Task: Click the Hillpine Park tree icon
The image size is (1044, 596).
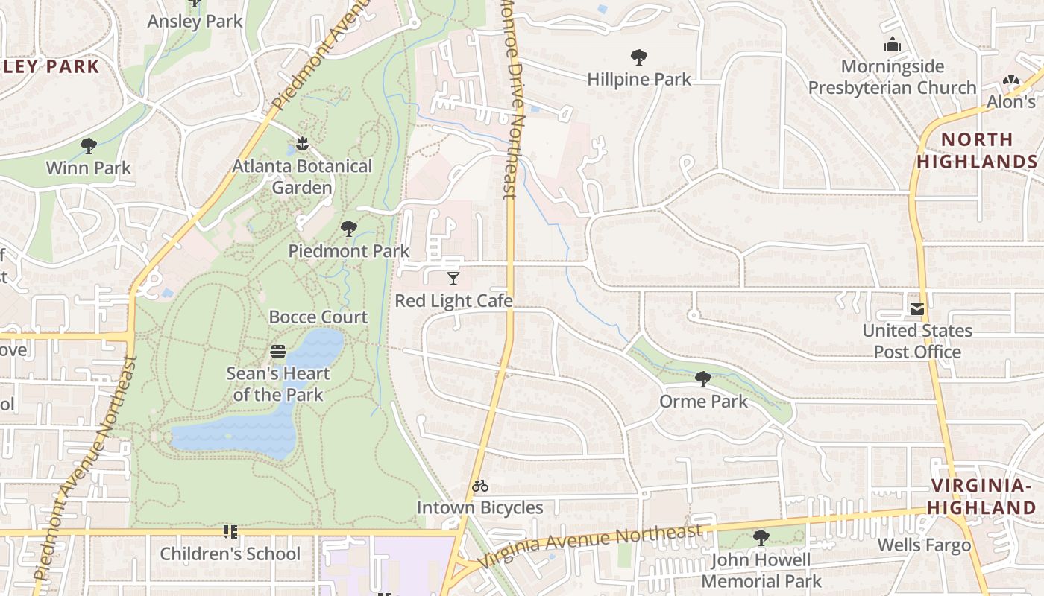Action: point(638,57)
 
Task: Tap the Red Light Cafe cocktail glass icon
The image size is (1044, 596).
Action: point(453,279)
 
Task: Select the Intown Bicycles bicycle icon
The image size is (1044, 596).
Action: point(480,486)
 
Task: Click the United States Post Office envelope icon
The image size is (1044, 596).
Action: point(916,308)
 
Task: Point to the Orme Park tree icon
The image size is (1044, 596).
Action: point(702,379)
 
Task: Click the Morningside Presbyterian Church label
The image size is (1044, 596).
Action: point(892,77)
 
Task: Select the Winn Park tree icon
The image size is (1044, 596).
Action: point(89,145)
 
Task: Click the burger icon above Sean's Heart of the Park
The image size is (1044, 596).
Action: point(278,352)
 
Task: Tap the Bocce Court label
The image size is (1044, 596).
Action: point(318,317)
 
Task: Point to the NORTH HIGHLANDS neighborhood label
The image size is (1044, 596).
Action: point(977,150)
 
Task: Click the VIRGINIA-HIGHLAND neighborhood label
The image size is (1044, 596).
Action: point(983,497)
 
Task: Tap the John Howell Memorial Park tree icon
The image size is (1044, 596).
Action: point(761,537)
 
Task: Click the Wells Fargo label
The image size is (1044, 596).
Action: point(924,545)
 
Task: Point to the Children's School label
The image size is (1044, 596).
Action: point(230,554)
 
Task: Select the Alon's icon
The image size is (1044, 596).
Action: point(1010,80)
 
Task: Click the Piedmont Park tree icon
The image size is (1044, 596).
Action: point(348,229)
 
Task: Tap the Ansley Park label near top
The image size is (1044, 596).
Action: point(195,22)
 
